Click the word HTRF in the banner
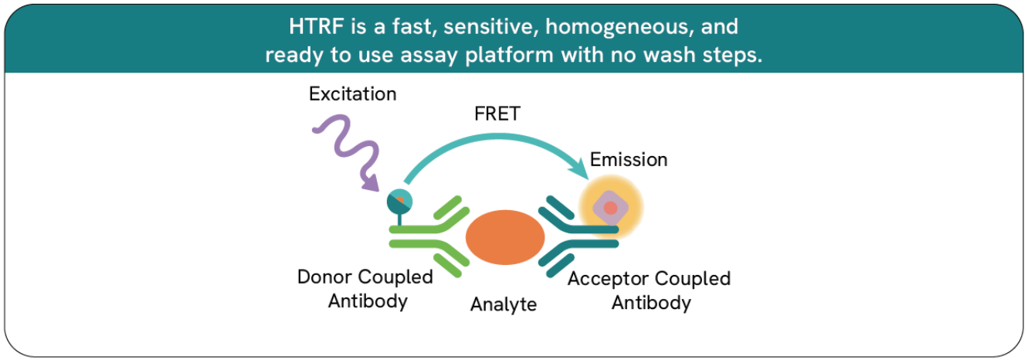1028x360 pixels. pos(316,26)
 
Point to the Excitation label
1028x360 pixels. pos(352,93)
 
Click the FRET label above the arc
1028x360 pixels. pos(497,114)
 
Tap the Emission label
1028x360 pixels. pos(629,160)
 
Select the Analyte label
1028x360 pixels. pos(504,304)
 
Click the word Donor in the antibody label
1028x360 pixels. pos(325,277)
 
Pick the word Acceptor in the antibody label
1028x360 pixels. pos(609,279)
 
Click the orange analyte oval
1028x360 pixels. pos(505,237)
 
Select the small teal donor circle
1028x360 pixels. pos(399,202)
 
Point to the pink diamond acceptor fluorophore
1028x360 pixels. pos(610,208)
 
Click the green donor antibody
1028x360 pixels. pos(429,236)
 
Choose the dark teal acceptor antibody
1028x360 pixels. pos(578,236)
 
